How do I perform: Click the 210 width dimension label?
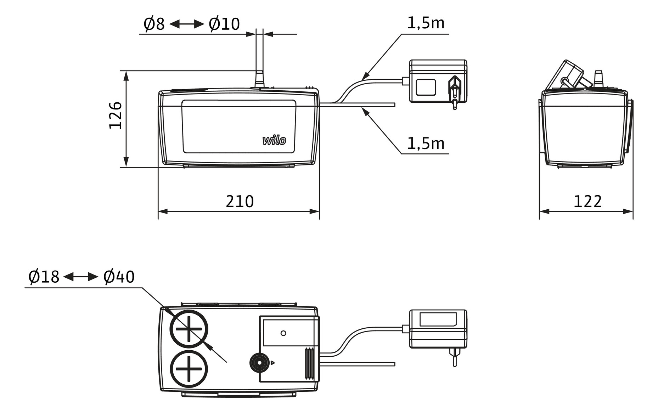240,202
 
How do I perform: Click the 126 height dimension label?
116,115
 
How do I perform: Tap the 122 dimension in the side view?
587,202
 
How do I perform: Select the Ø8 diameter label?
154,24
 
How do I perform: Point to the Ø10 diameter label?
224,24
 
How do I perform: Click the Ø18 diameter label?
44,277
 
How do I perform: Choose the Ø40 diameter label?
119,277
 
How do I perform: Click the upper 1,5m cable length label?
426,23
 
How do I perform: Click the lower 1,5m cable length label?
426,143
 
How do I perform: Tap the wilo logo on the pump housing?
274,140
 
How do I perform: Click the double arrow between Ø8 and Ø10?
187,24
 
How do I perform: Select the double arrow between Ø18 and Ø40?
81,277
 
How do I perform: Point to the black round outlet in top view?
259,363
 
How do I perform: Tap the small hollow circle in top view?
283,333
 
